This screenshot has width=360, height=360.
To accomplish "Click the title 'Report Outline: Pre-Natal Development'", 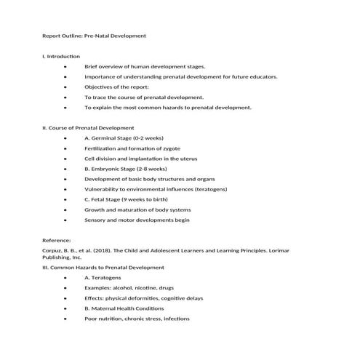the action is click(x=95, y=35).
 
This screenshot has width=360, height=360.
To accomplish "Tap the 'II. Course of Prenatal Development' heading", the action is click(x=88, y=127).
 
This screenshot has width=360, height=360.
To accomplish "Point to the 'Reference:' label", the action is click(x=57, y=240).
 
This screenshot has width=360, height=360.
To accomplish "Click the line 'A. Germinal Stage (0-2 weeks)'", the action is click(x=123, y=137).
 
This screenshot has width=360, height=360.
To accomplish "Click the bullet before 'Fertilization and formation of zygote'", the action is click(x=66, y=148).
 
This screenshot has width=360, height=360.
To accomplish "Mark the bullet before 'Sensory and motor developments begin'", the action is click(x=66, y=219).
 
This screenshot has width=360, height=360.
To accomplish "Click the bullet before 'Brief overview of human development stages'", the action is click(x=66, y=66).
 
